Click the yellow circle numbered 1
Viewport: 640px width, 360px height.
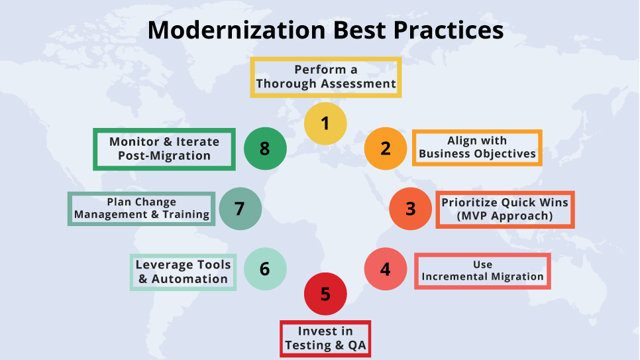coord(325,123)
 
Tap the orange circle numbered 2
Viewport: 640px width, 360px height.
coord(386,149)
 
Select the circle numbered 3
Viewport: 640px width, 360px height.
coord(410,208)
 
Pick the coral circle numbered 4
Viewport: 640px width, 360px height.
coord(386,269)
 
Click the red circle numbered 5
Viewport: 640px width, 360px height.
coord(325,294)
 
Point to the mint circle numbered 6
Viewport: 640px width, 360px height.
coord(265,269)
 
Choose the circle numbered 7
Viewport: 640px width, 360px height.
coord(240,208)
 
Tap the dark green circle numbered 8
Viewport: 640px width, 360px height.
coord(265,149)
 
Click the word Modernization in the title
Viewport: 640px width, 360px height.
coord(237,30)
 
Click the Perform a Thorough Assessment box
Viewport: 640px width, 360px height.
coord(326,77)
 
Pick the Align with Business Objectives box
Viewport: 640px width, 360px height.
coord(477,148)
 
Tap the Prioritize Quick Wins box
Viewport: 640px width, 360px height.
coord(505,210)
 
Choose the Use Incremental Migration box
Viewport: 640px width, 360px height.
coord(482,271)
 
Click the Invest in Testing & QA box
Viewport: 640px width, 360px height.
coord(325,339)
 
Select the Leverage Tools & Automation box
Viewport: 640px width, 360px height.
coord(183,272)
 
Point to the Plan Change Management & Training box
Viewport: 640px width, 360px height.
coord(141,208)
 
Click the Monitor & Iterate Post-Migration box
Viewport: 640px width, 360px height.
coord(164,149)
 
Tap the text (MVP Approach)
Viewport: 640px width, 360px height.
coord(505,216)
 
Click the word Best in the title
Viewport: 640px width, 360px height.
coord(359,30)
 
